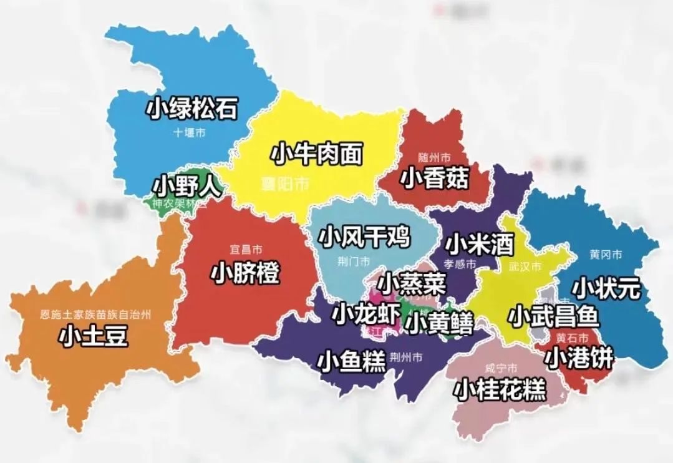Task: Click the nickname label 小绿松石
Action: pyautogui.click(x=192, y=109)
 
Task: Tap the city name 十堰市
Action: pyautogui.click(x=190, y=133)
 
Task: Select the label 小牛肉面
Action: pyautogui.click(x=317, y=154)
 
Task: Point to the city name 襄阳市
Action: pyautogui.click(x=284, y=184)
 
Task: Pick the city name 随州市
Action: pyautogui.click(x=435, y=157)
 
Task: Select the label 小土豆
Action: pyautogui.click(x=94, y=337)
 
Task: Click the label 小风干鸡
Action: pyautogui.click(x=364, y=236)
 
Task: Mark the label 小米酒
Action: pyautogui.click(x=479, y=243)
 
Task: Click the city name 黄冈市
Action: pyautogui.click(x=606, y=255)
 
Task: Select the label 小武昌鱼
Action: pyautogui.click(x=553, y=316)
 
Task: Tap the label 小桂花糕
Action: pyautogui.click(x=500, y=389)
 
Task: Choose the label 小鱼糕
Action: pyautogui.click(x=352, y=362)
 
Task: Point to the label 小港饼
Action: pyautogui.click(x=579, y=358)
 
